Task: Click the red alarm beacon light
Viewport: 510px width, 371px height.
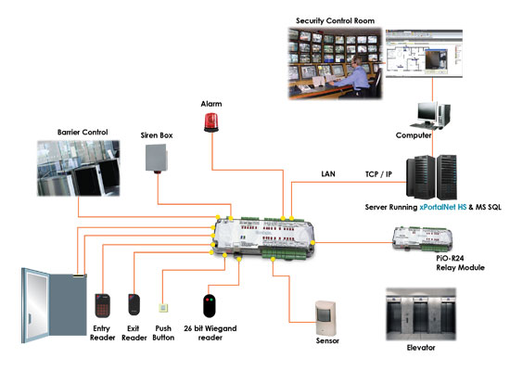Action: click(x=211, y=122)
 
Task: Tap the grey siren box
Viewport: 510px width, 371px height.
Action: click(x=157, y=159)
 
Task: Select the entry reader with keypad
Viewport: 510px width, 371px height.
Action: click(x=102, y=305)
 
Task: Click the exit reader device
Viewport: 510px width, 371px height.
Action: click(x=134, y=304)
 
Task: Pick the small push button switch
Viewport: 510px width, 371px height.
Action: click(x=163, y=308)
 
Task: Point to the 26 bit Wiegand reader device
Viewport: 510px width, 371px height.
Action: click(x=210, y=305)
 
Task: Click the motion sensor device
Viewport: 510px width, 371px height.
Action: click(x=325, y=318)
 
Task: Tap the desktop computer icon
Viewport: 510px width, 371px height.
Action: click(x=430, y=116)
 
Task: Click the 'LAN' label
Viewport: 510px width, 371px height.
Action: click(x=328, y=174)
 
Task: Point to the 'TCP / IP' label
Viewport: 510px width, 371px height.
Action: click(x=378, y=174)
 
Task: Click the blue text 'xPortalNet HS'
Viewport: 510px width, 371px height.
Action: click(x=443, y=207)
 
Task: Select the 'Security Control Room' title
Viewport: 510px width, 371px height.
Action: click(x=335, y=20)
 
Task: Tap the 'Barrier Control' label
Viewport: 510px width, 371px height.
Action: click(x=83, y=132)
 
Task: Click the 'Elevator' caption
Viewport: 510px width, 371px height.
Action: click(x=421, y=348)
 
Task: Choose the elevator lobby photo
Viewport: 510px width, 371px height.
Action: click(x=421, y=314)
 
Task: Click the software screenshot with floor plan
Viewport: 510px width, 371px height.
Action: click(x=424, y=54)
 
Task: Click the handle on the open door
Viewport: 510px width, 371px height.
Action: click(x=30, y=318)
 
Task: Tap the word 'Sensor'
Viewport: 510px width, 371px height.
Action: click(x=327, y=340)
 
